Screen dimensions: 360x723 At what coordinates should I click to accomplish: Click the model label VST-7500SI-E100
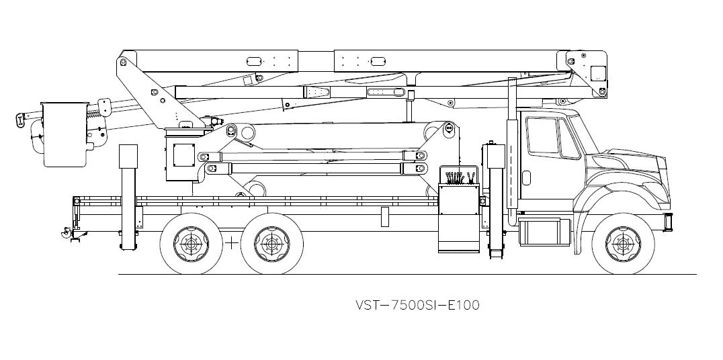coord(417,305)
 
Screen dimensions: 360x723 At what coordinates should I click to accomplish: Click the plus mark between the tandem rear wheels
coord(231,243)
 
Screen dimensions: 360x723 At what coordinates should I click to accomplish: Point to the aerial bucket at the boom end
coord(65,134)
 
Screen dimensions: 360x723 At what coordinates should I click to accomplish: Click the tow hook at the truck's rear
coord(66,232)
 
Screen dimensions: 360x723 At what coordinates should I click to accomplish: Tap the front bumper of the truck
coord(669,222)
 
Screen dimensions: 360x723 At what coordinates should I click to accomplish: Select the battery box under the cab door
coord(544,232)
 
